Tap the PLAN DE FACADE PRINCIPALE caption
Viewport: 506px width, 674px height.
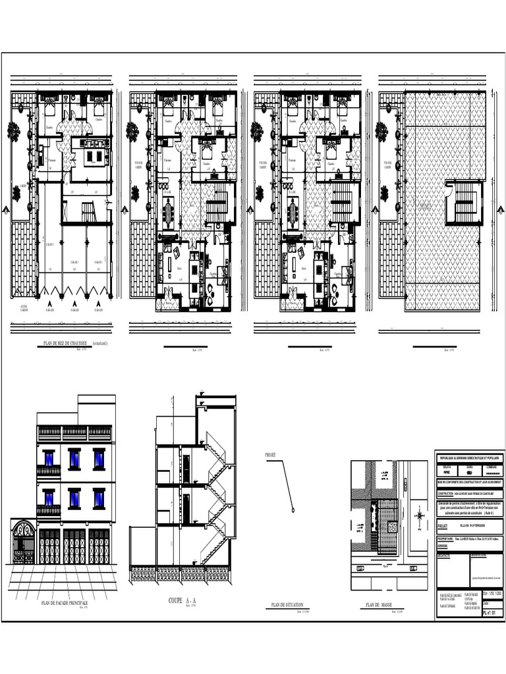pyautogui.click(x=65, y=603)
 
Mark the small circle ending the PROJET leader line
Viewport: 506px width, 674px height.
pyautogui.click(x=292, y=509)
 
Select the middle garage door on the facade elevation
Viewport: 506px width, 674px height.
pyautogui.click(x=74, y=546)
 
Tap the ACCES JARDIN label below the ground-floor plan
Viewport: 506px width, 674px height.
pyautogui.click(x=24, y=308)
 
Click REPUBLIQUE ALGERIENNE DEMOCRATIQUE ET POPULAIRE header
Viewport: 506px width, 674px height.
pyautogui.click(x=470, y=457)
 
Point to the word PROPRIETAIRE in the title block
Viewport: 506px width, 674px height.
pyautogui.click(x=449, y=538)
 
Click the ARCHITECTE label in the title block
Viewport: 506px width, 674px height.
pyautogui.click(x=446, y=554)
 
